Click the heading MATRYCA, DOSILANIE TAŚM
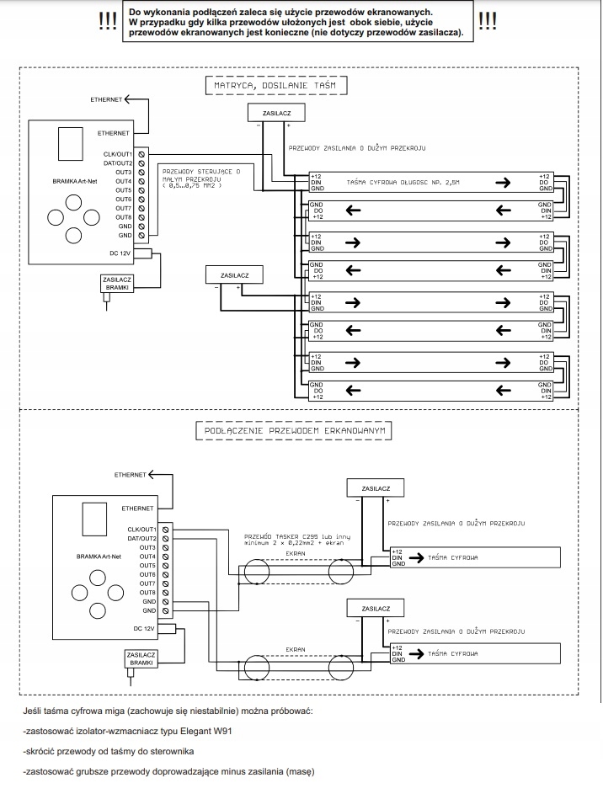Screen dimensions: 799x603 coord(276,85)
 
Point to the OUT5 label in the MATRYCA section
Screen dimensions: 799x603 coord(124,190)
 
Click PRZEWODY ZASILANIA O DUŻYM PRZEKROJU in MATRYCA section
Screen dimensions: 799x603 coord(356,148)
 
